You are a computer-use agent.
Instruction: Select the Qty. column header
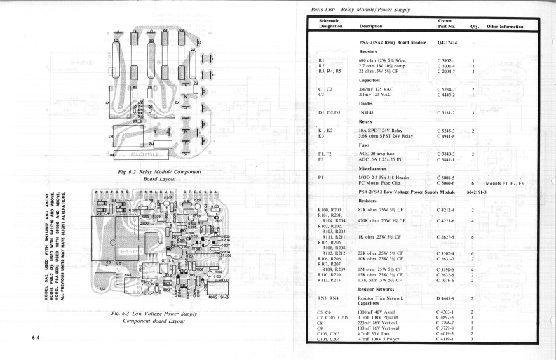[474, 27]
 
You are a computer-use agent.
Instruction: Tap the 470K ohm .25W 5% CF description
[384, 221]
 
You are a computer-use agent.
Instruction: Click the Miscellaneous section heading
[376, 168]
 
